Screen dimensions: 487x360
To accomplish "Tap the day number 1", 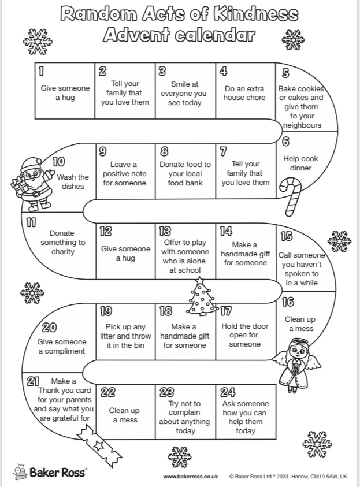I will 41,72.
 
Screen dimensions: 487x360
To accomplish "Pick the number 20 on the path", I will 49,328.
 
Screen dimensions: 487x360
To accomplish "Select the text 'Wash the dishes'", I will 73,182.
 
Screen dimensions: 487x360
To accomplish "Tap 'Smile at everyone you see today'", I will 184,94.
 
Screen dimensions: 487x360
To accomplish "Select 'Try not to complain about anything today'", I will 184,417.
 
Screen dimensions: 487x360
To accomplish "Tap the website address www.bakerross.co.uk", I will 190,477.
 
